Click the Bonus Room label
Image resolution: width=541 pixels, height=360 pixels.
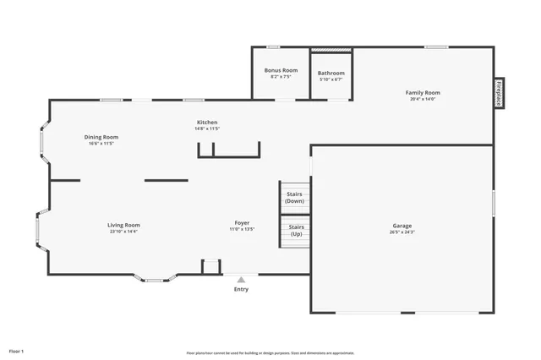[281, 70]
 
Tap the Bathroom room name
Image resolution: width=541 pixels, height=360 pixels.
[331, 73]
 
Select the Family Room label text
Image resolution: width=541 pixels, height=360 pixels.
[423, 93]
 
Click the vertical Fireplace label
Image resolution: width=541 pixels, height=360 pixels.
[500, 92]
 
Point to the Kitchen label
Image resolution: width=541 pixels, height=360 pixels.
[207, 123]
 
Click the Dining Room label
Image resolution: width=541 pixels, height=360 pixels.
[101, 137]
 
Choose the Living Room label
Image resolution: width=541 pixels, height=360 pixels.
[123, 225]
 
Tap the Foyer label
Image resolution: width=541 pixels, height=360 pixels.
[242, 222]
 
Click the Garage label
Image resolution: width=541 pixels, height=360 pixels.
[402, 226]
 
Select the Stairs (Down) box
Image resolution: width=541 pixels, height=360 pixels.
[295, 197]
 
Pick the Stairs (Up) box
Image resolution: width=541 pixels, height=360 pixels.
[296, 230]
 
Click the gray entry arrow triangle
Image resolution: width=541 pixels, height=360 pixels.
[241, 280]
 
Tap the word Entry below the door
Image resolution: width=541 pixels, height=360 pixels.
[242, 290]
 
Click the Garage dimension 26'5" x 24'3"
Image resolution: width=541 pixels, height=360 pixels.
[402, 232]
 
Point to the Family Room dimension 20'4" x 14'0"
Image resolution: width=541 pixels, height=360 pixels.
[423, 100]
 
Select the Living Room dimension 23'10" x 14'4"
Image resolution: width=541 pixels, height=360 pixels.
[123, 232]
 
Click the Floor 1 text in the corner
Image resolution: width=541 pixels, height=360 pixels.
[17, 350]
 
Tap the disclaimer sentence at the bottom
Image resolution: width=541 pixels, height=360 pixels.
[270, 352]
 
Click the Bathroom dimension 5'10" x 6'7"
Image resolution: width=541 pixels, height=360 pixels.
[331, 79]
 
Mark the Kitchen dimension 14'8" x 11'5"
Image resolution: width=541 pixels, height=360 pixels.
[207, 129]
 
